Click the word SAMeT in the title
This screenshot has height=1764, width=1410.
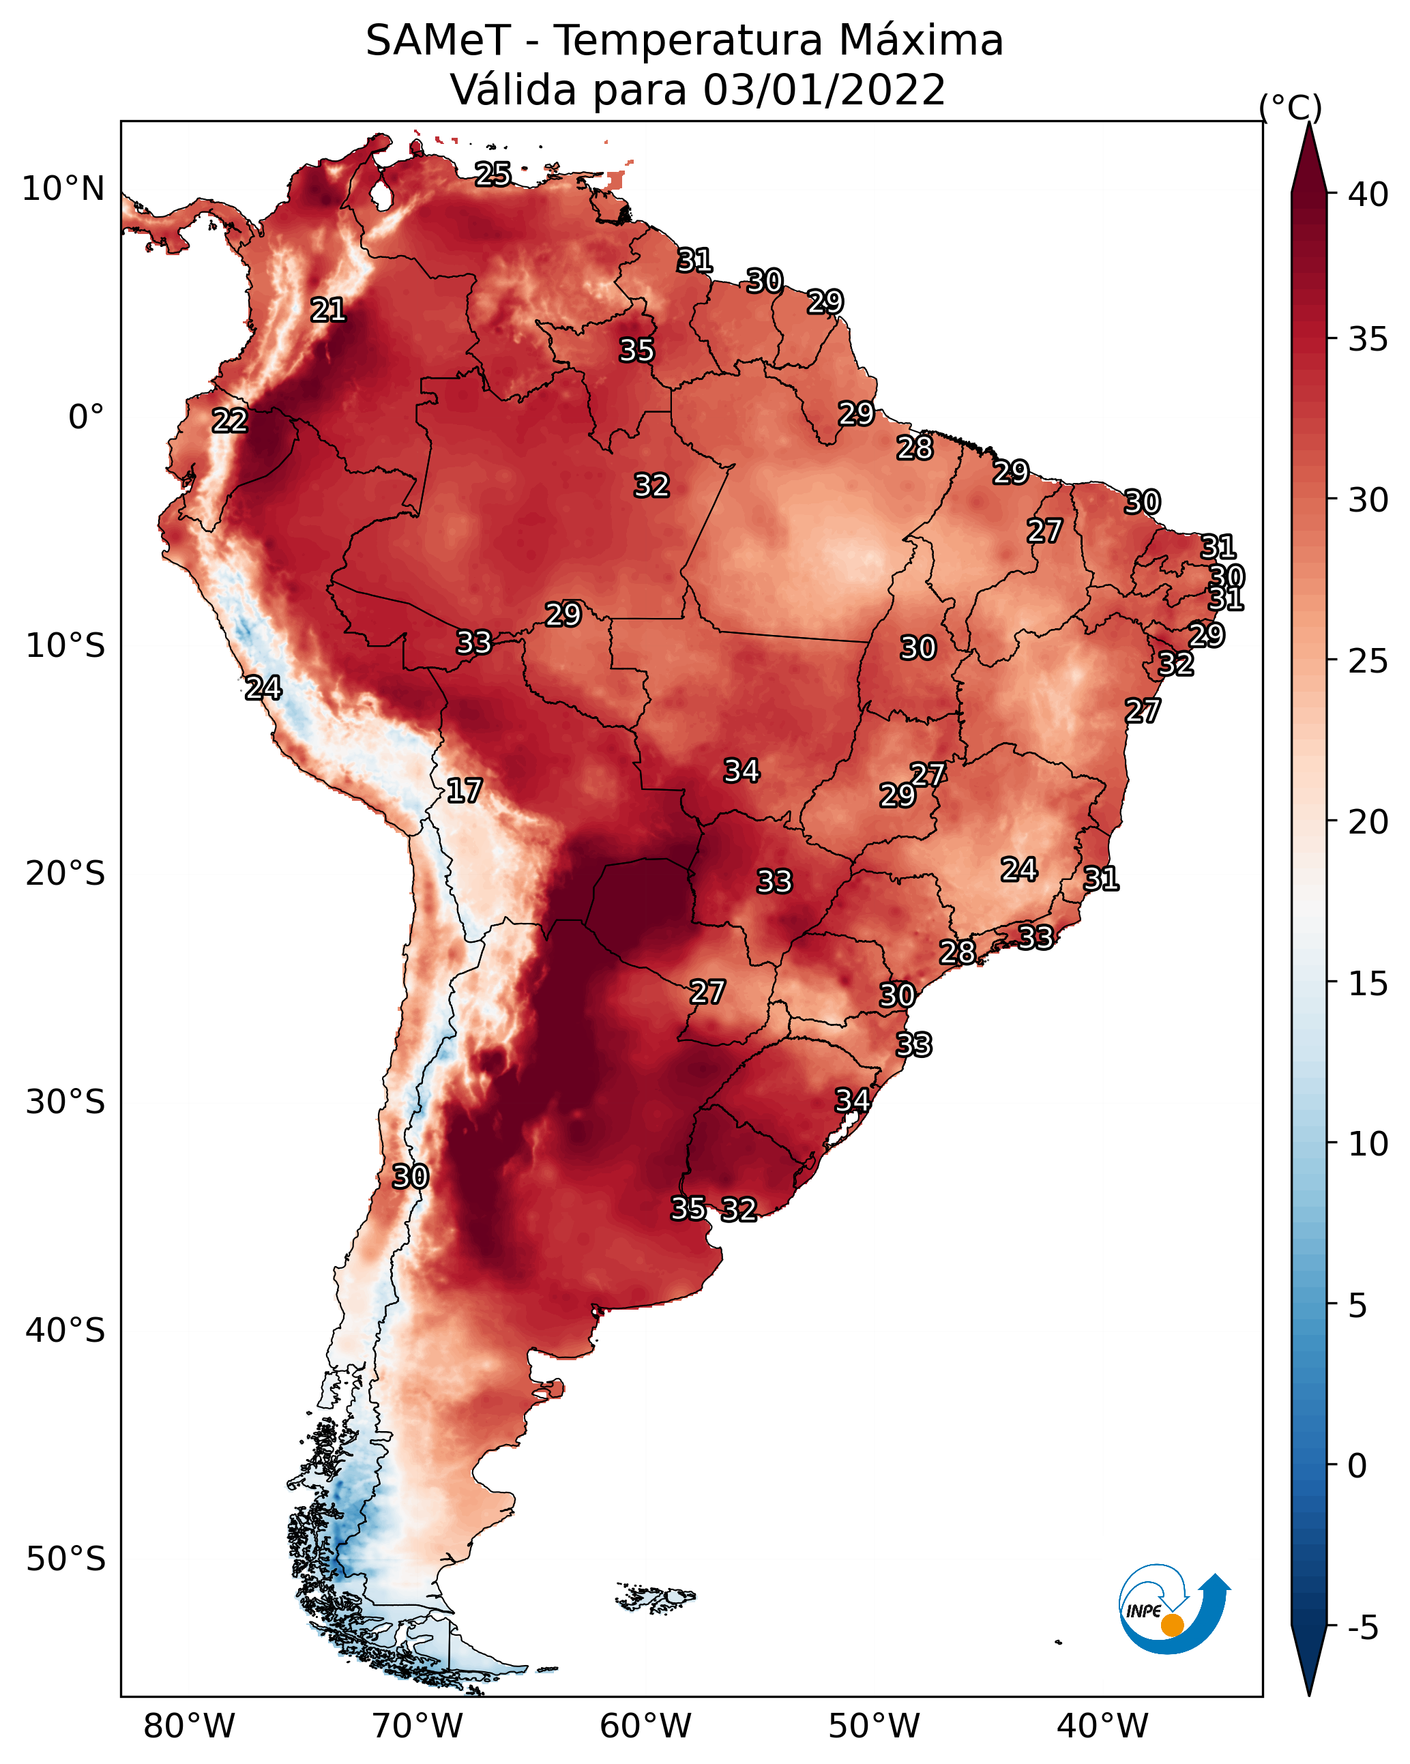point(438,41)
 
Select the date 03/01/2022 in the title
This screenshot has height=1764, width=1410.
point(824,90)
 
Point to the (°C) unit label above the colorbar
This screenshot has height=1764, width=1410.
point(1290,107)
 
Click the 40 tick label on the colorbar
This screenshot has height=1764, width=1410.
point(1368,194)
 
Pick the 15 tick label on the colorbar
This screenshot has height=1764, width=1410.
point(1368,984)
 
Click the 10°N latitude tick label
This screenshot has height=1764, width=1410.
point(63,189)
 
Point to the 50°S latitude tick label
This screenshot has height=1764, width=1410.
point(65,1559)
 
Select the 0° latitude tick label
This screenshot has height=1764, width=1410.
point(87,417)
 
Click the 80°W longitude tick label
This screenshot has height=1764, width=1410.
point(189,1726)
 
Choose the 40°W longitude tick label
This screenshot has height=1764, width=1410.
point(1103,1726)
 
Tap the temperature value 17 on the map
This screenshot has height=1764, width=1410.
point(465,791)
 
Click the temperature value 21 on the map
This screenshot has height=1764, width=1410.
point(328,310)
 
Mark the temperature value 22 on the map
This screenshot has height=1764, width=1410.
point(230,422)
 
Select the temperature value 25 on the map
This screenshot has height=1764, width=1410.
point(493,174)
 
